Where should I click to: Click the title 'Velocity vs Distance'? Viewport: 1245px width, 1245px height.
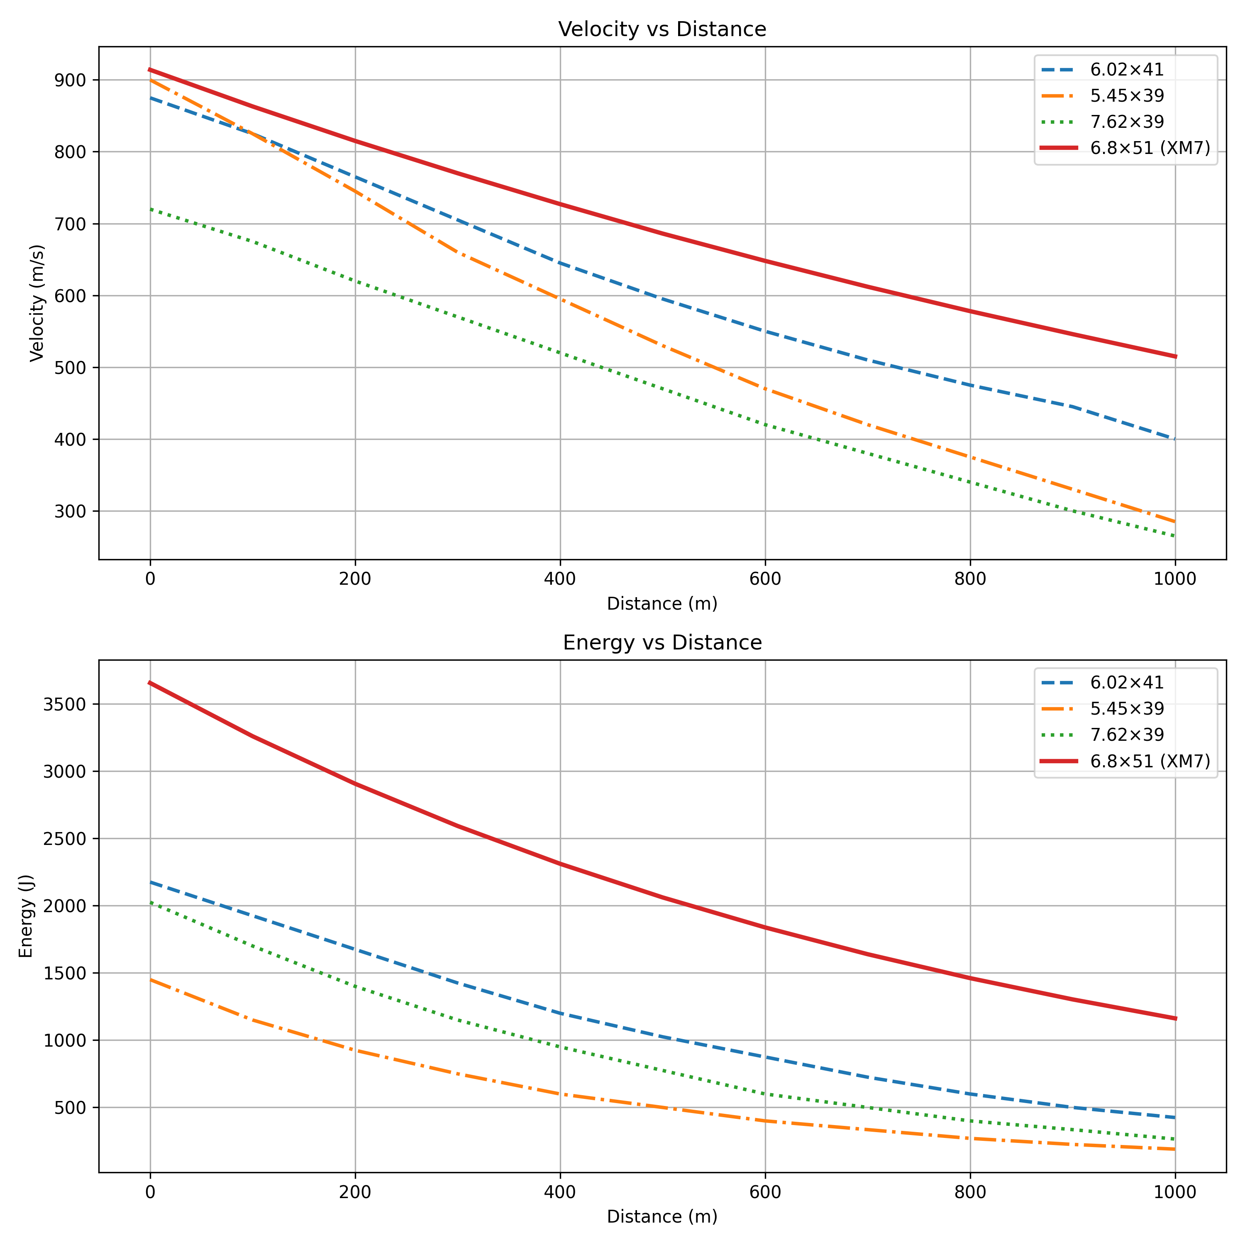pos(662,29)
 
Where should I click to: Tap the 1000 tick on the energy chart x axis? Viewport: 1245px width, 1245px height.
pos(1175,1192)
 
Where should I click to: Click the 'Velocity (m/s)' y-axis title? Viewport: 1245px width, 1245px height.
pos(37,303)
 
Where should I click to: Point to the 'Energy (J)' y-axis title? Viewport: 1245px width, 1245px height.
pos(26,916)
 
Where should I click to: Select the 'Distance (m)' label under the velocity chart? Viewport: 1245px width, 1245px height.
pos(662,604)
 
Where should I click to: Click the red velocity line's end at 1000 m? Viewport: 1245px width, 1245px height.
pos(1175,356)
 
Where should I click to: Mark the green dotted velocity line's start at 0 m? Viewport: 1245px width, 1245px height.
pos(150,209)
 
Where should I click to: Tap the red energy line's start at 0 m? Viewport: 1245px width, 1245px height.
pos(150,682)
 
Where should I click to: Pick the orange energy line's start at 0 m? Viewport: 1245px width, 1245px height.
pos(150,979)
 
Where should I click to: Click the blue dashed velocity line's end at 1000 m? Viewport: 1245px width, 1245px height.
pos(1175,439)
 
